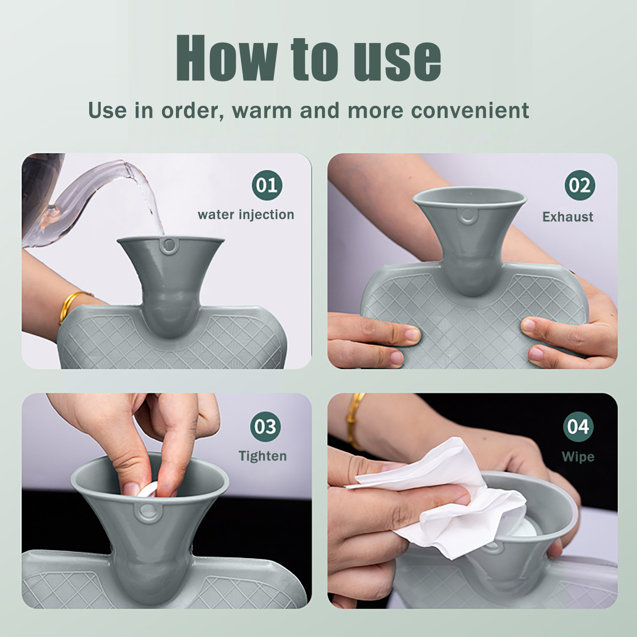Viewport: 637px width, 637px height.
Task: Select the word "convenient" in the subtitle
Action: pos(470,110)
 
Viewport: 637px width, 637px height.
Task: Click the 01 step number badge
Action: pos(267,185)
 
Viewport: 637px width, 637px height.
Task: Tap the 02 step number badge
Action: pos(580,185)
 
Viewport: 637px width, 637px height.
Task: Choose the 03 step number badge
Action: pos(266,427)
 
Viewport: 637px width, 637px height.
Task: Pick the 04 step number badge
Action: pos(578,427)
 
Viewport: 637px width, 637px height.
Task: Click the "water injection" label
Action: pos(246,215)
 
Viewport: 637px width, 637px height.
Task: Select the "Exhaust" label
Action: pos(568,217)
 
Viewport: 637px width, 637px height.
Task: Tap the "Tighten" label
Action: pos(263,456)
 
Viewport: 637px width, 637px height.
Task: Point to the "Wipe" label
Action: pos(578,457)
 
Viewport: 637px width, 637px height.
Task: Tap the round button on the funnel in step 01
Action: pos(169,246)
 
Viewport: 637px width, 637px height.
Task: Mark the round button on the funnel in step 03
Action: pos(147,512)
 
